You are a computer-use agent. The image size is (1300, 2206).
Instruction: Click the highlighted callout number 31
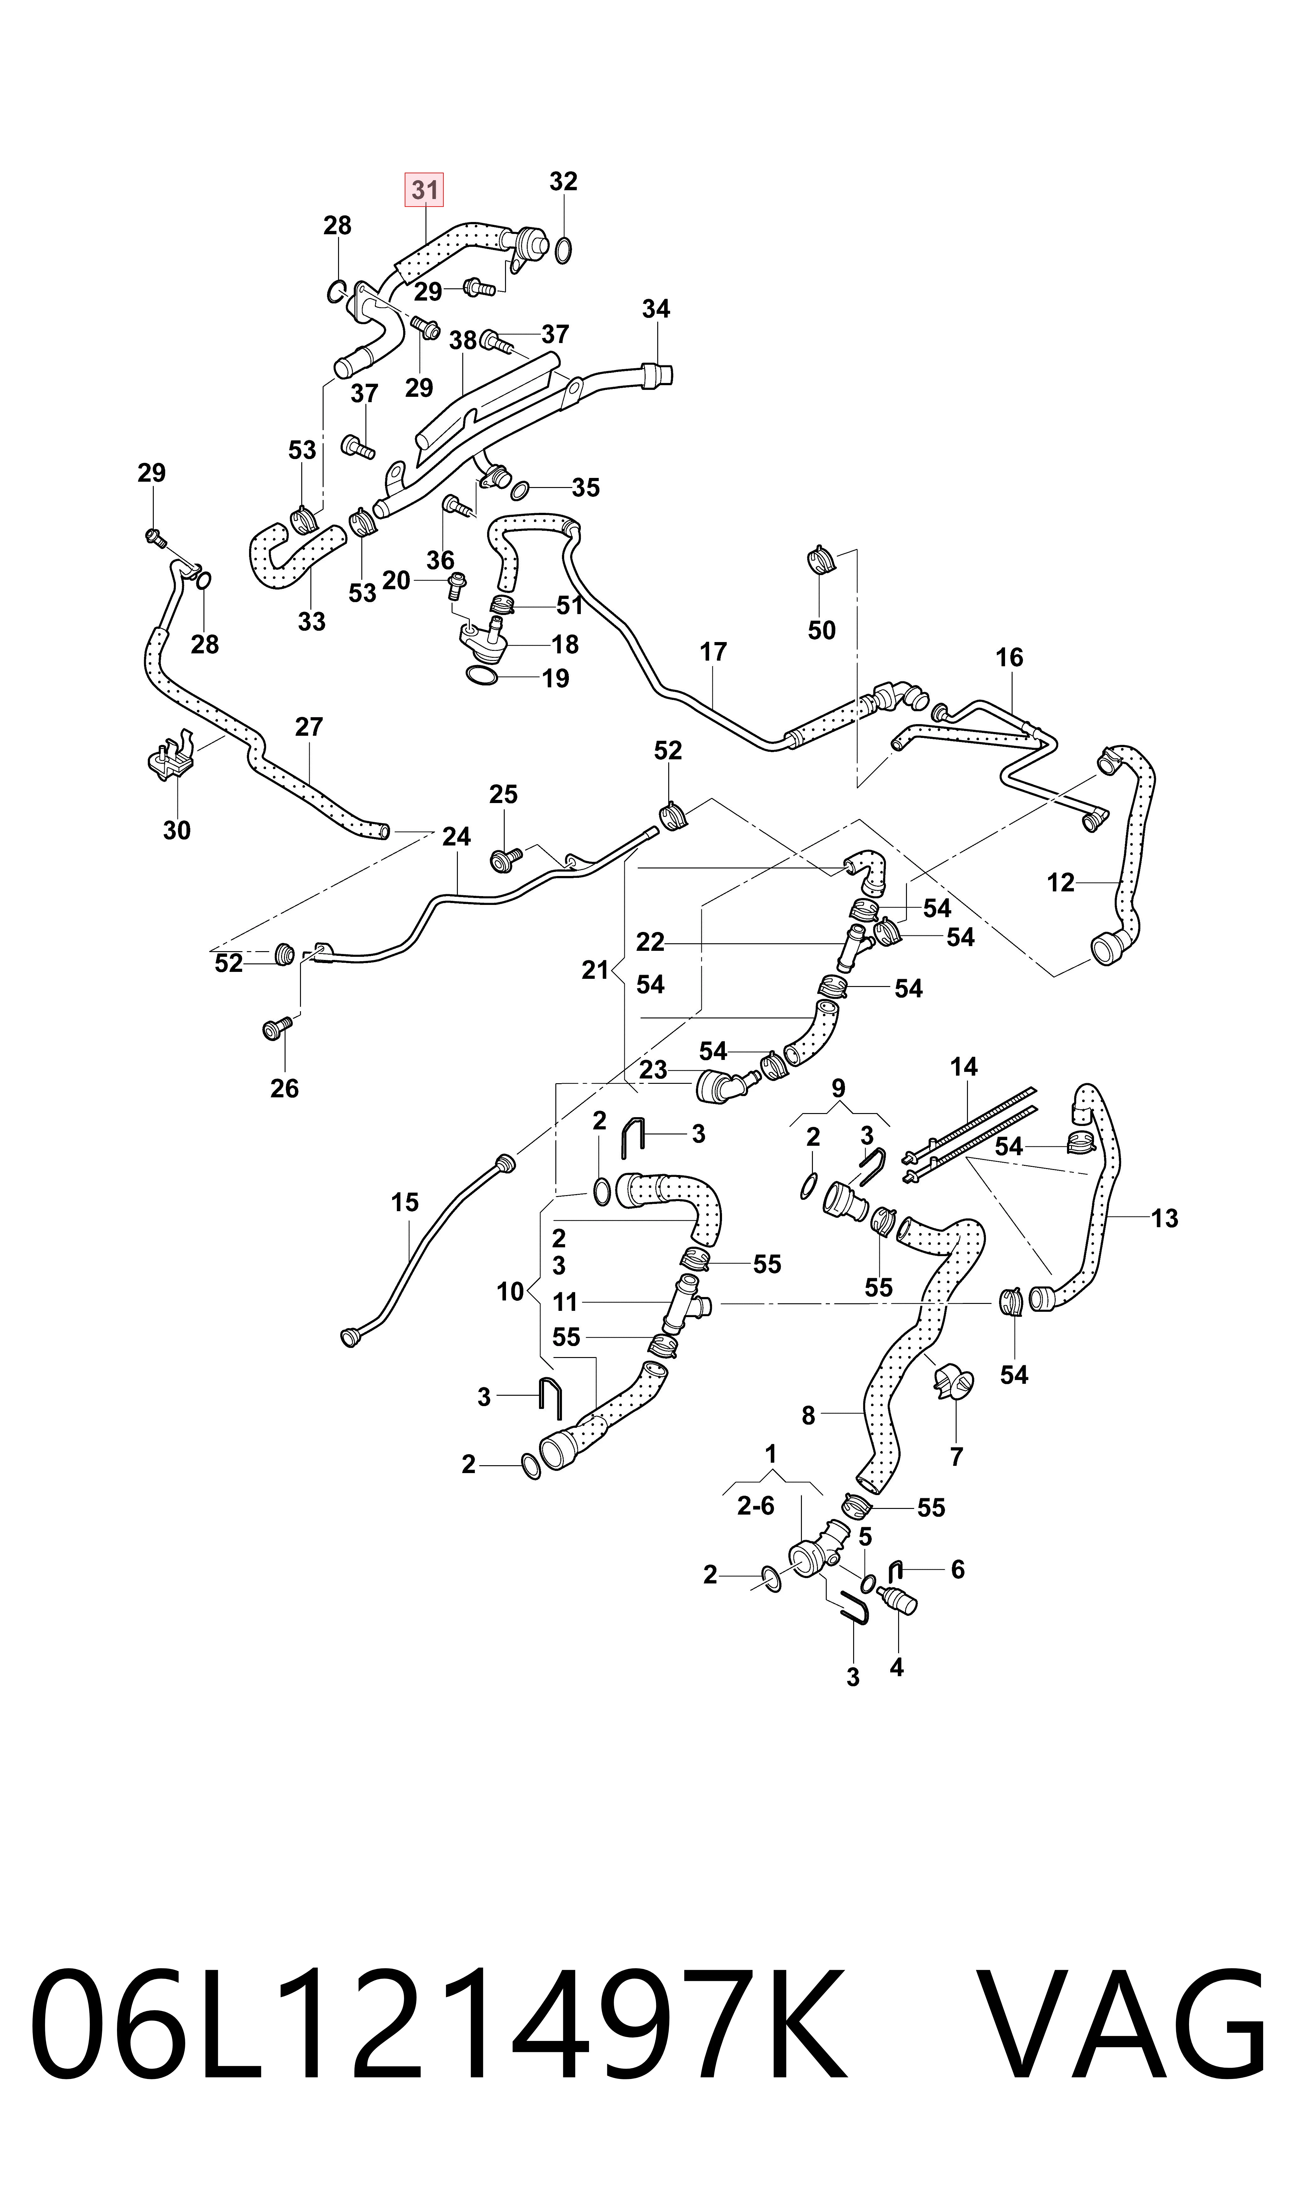pyautogui.click(x=424, y=190)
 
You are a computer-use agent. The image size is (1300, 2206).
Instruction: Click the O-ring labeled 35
pyautogui.click(x=519, y=489)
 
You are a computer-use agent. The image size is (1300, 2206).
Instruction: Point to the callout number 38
pyautogui.click(x=463, y=341)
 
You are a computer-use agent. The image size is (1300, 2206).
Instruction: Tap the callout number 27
pyautogui.click(x=309, y=727)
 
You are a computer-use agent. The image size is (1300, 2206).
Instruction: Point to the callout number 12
pyautogui.click(x=1061, y=883)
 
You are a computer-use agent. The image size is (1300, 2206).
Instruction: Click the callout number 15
pyautogui.click(x=405, y=1202)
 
